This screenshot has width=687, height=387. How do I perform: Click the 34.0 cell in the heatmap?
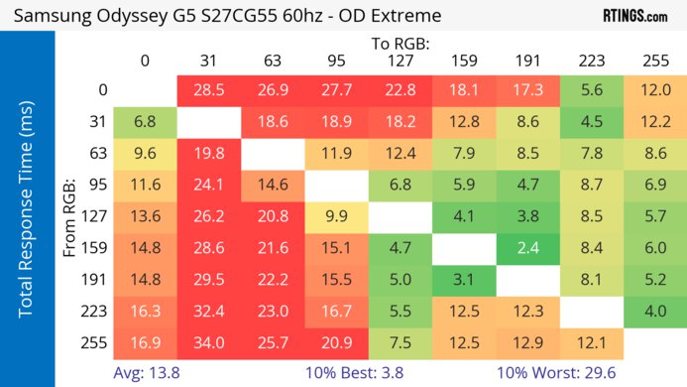(x=209, y=343)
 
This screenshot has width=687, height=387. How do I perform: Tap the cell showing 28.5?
(x=209, y=90)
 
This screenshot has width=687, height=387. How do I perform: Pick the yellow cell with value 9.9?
(x=336, y=217)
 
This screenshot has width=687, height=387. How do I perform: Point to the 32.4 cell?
(x=209, y=312)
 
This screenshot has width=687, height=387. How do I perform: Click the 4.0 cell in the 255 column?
(x=653, y=312)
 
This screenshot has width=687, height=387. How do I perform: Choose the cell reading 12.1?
(x=590, y=343)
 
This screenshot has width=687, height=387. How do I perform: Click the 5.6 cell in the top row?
(x=590, y=90)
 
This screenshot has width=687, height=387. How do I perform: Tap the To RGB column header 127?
(x=400, y=60)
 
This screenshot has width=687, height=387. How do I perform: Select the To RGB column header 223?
(x=590, y=60)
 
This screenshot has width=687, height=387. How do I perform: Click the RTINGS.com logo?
(x=634, y=16)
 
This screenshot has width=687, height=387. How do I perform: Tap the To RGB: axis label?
(x=400, y=44)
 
